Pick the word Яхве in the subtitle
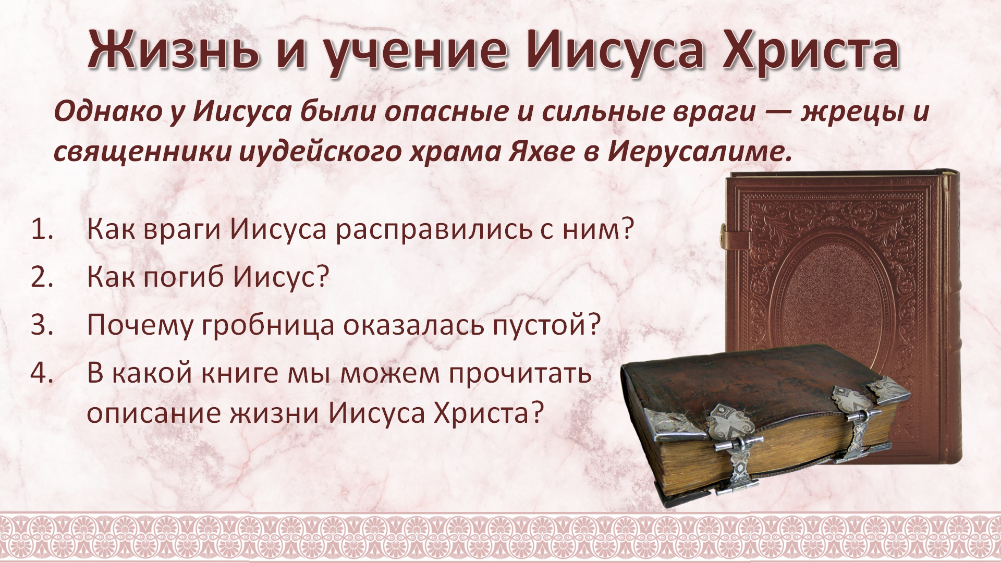(x=542, y=151)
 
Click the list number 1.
(x=42, y=229)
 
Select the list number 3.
(x=42, y=325)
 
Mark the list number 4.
(x=42, y=373)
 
